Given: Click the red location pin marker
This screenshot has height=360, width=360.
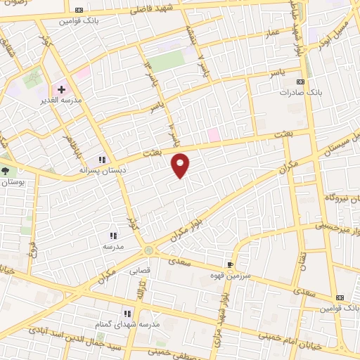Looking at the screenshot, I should point(181,165).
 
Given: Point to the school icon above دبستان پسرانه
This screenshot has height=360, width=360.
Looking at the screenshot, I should point(102,160).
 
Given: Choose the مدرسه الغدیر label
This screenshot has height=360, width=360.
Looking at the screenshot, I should point(62,101).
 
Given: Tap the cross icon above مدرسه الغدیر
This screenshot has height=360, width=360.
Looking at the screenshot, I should point(61,89).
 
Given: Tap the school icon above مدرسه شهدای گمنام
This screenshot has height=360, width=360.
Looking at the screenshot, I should point(127,314).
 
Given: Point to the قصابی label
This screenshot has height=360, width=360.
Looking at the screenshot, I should point(138,268).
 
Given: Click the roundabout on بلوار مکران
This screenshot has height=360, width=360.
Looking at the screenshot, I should point(148,250).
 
